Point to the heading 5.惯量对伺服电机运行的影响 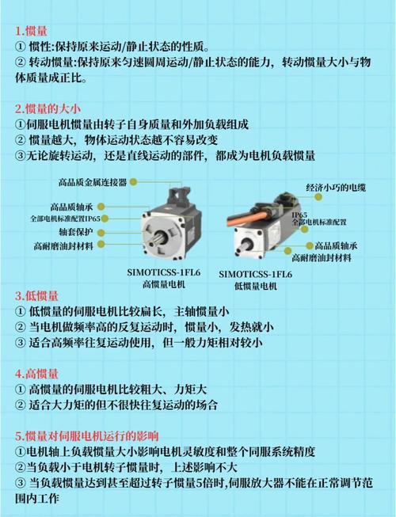[87, 435]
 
